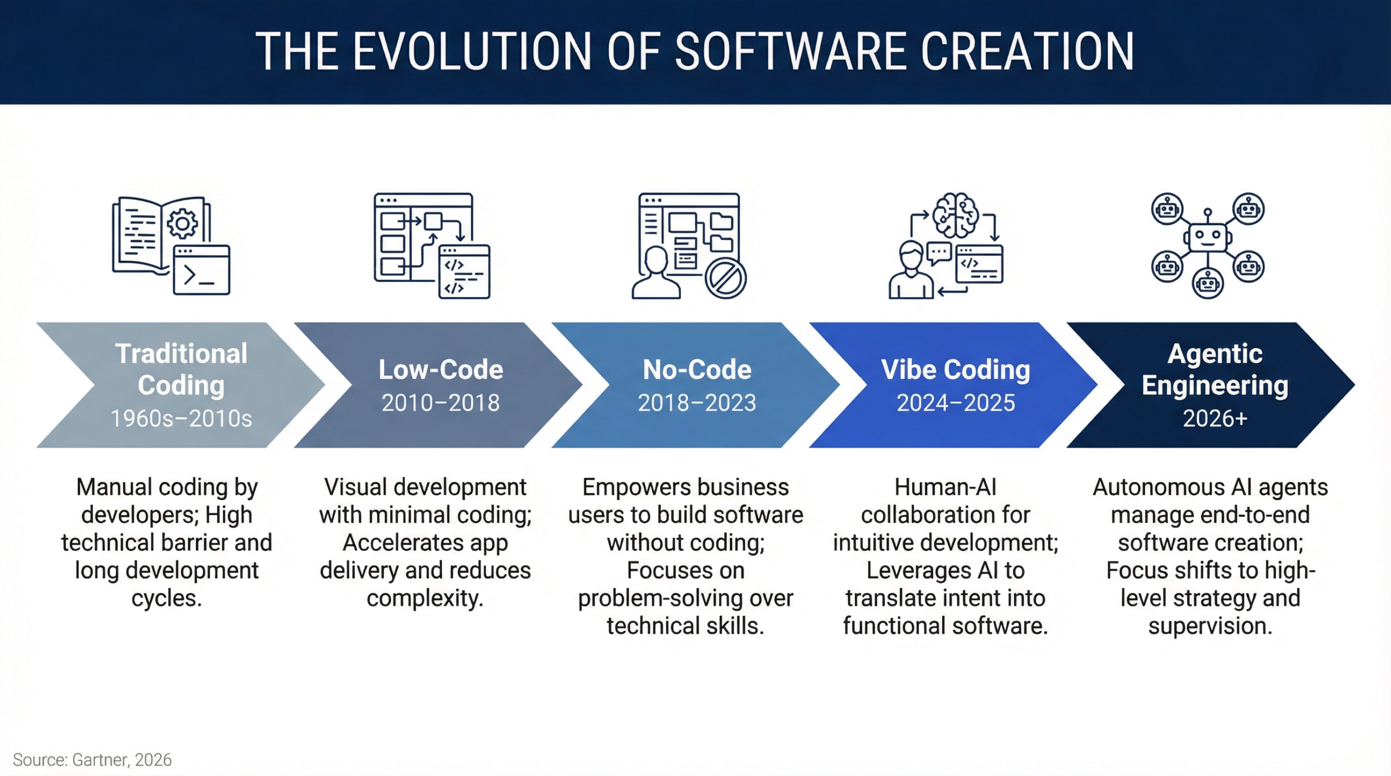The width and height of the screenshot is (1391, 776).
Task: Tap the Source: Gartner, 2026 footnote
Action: coord(92,760)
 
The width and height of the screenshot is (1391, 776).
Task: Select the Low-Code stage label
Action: coord(441,369)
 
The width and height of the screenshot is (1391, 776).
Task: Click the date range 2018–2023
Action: coord(697,403)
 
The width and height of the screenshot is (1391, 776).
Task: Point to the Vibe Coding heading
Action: coord(956,370)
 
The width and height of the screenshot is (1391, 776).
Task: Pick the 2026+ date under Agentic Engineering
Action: coord(1215,419)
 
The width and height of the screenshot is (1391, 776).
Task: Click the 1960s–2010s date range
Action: coord(181,419)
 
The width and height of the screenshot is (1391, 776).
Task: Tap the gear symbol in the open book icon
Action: coord(183,223)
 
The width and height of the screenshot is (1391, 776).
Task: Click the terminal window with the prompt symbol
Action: coord(202,270)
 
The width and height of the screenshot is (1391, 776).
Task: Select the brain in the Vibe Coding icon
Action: coord(956,216)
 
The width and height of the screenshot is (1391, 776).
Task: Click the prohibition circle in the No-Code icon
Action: coord(725,279)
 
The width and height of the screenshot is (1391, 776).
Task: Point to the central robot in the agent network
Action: coord(1207,235)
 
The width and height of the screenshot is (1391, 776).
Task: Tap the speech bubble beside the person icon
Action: coord(939,253)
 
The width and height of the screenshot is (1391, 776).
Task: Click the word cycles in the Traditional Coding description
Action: coord(167,598)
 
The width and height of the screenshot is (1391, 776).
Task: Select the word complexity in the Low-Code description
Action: coord(425,598)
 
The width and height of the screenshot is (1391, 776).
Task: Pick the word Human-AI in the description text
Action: coord(945,487)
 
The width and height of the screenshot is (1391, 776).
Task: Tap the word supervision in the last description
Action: coord(1210,626)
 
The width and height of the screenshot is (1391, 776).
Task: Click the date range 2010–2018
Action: coord(440,403)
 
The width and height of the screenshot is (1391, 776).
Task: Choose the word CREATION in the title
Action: coord(1027,52)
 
